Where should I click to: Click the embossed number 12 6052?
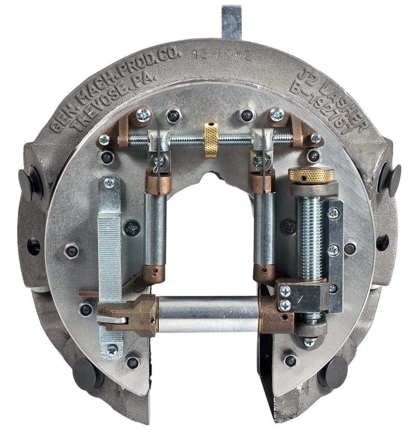(223, 55)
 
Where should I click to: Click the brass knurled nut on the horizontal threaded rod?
(211, 137)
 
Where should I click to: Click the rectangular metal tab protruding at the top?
(231, 22)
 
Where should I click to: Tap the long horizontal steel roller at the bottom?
(209, 314)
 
